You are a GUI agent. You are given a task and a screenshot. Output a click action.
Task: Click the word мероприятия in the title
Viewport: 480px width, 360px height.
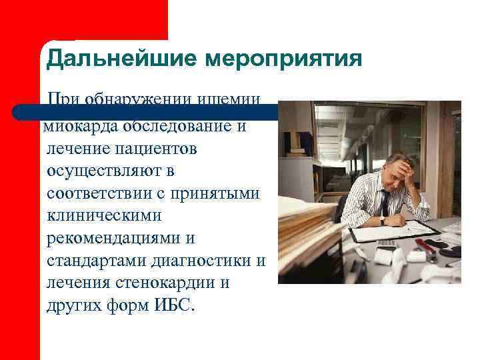pos(283,59)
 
